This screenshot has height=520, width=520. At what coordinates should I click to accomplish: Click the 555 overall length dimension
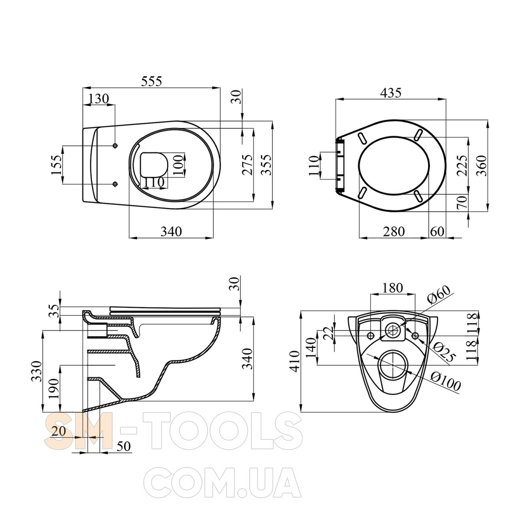151,81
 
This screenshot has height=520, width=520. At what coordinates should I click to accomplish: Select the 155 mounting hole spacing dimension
57,165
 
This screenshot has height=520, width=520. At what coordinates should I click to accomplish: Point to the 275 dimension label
247,165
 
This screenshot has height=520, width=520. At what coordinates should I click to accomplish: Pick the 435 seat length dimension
391,93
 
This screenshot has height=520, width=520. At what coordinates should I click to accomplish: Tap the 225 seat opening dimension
462,166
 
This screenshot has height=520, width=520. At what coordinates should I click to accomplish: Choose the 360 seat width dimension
482,166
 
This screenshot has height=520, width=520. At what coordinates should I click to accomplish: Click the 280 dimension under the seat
394,231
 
